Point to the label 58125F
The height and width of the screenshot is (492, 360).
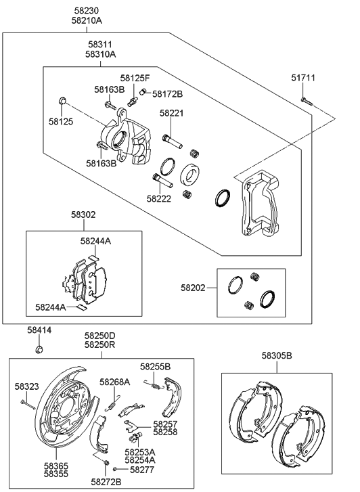pyautogui.click(x=135, y=79)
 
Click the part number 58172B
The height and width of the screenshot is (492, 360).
pyautogui.click(x=167, y=94)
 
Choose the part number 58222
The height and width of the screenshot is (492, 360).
pyautogui.click(x=160, y=199)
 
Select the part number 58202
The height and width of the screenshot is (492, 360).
pyautogui.click(x=194, y=288)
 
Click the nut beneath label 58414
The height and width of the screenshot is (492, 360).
pyautogui.click(x=40, y=350)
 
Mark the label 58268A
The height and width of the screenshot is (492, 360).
pyautogui.click(x=114, y=382)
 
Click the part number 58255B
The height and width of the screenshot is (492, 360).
pyautogui.click(x=156, y=366)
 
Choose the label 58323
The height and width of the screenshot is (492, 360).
pyautogui.click(x=28, y=386)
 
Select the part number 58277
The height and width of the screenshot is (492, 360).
pyautogui.click(x=141, y=468)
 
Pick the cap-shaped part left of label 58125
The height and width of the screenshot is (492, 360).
pyautogui.click(x=62, y=102)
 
